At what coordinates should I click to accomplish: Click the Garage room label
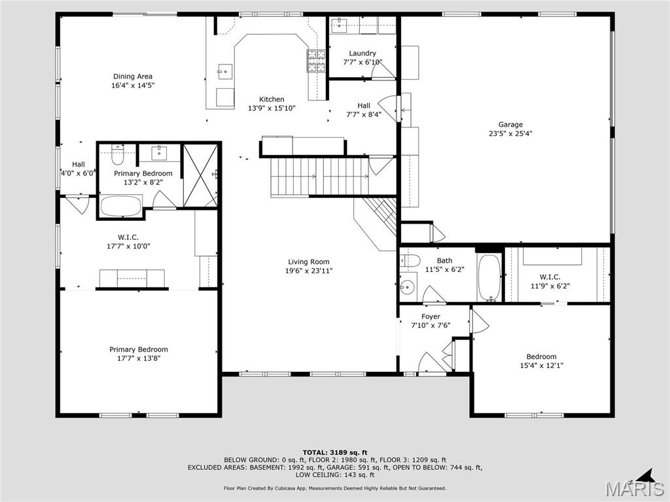[510, 124]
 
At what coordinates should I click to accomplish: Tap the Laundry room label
[362, 54]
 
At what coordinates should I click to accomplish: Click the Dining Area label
[132, 76]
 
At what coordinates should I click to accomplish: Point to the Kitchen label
[271, 99]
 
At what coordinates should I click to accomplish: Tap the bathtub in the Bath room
[489, 277]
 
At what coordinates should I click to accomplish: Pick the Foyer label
[431, 316]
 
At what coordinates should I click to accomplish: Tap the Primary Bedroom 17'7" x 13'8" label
[138, 350]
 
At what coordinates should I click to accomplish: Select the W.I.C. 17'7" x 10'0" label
[128, 237]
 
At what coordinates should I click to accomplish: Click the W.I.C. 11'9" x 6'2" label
[550, 277]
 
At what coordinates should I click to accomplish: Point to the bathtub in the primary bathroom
[120, 206]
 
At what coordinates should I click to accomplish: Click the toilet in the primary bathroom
[118, 156]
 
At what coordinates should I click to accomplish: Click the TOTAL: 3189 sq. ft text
[334, 452]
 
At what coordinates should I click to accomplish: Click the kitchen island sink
[225, 70]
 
